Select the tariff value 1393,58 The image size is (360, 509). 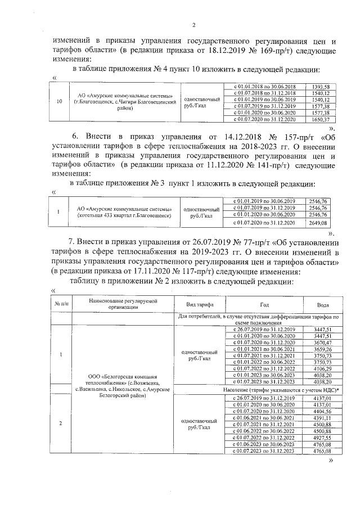tap(320, 86)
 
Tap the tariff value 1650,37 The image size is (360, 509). tap(320, 120)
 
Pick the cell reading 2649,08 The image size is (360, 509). tap(318, 223)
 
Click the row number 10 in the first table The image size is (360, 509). tap(60, 103)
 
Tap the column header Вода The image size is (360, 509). tap(323, 304)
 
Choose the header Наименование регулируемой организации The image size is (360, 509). tap(120, 304)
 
